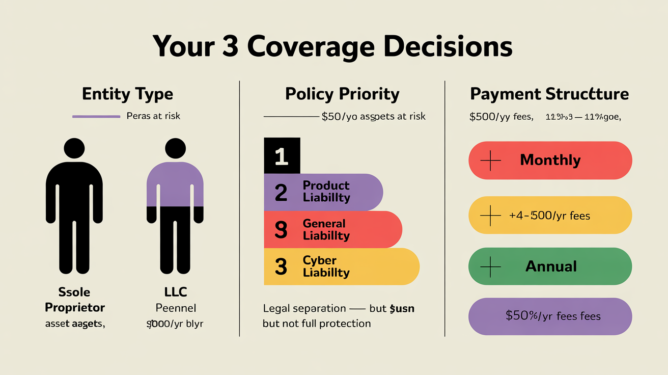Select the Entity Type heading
pyautogui.click(x=127, y=94)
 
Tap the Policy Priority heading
pyautogui.click(x=342, y=94)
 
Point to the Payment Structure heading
pyautogui.click(x=549, y=94)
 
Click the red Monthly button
pyautogui.click(x=550, y=160)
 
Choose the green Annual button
pyautogui.click(x=550, y=266)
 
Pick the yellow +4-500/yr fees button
pyautogui.click(x=550, y=215)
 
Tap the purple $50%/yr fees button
pyautogui.click(x=550, y=316)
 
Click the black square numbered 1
pyautogui.click(x=282, y=156)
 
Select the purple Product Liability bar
pyautogui.click(x=323, y=192)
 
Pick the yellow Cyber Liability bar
pyautogui.click(x=341, y=266)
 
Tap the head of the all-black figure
pyautogui.click(x=75, y=149)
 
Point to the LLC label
pyautogui.click(x=176, y=292)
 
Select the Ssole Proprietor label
pyautogui.click(x=75, y=300)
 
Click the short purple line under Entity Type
pyautogui.click(x=96, y=117)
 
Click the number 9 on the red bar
pyautogui.click(x=281, y=230)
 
